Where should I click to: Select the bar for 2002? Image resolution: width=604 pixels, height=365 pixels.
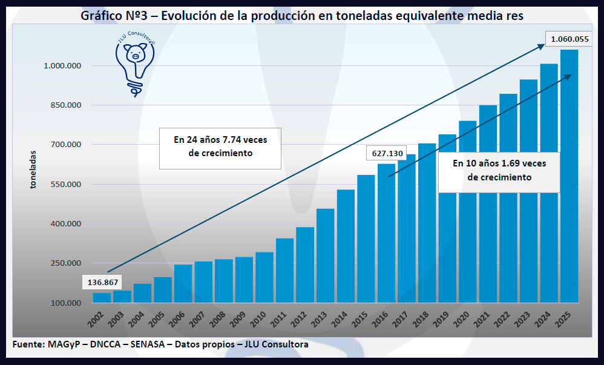(102, 298)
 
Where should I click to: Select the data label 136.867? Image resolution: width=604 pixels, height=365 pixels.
(102, 283)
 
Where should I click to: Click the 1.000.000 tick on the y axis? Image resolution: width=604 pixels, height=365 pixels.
(63, 65)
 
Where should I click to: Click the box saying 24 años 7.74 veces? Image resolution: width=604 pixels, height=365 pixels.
(220, 147)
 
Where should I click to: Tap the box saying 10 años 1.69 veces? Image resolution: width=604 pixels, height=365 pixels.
(499, 170)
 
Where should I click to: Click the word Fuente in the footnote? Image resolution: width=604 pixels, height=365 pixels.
(27, 344)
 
